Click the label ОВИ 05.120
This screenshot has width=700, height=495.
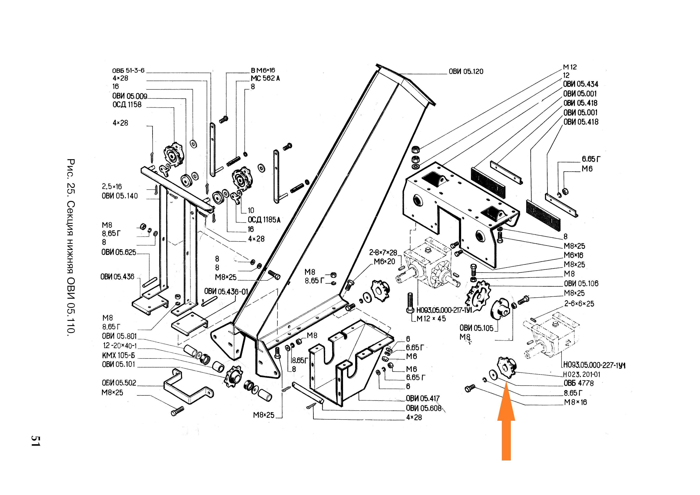pyautogui.click(x=466, y=72)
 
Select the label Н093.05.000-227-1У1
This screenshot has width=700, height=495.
pyautogui.click(x=594, y=365)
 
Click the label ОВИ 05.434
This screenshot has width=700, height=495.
pyautogui.click(x=580, y=84)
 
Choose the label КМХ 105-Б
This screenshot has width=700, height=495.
pyautogui.click(x=118, y=355)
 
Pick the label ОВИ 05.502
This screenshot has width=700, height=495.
pyautogui.click(x=119, y=383)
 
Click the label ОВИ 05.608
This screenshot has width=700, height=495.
pyautogui.click(x=423, y=408)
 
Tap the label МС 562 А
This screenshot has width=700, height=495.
pyautogui.click(x=265, y=78)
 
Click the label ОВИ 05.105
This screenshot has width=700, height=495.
pyautogui.click(x=476, y=328)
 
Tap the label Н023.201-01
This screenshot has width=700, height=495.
pyautogui.click(x=581, y=374)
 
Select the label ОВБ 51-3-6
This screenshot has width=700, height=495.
pyautogui.click(x=128, y=70)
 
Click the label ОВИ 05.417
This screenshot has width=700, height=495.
pyautogui.click(x=423, y=398)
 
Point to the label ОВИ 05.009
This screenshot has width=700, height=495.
pyautogui.click(x=130, y=96)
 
